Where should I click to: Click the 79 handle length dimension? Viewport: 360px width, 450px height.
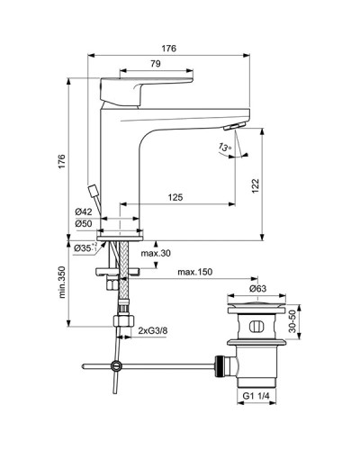coord(155,64)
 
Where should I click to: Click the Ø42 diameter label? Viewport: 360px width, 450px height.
coord(85,212)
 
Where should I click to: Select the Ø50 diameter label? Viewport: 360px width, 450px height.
coord(85,224)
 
